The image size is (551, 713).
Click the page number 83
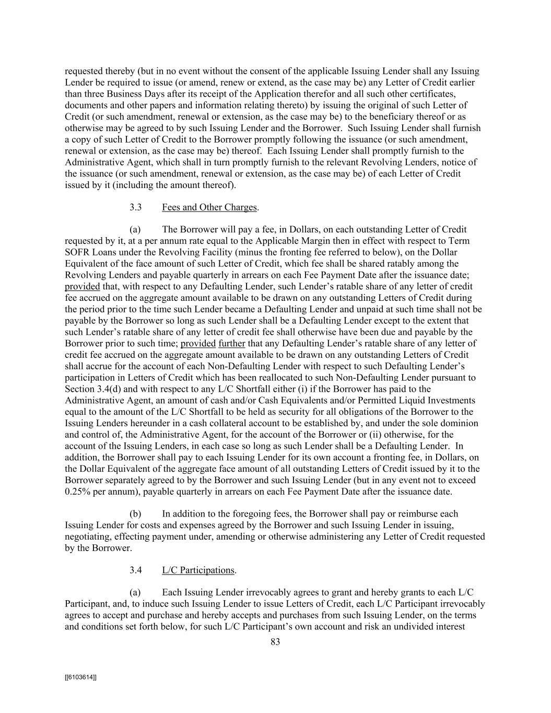(x=275, y=642)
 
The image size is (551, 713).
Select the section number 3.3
(x=136, y=207)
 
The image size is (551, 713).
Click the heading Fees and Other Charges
(x=209, y=207)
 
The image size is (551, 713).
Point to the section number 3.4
(x=136, y=570)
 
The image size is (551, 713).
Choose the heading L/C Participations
(x=198, y=570)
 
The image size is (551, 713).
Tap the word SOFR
(x=77, y=252)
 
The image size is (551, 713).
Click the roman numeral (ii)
(x=359, y=435)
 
